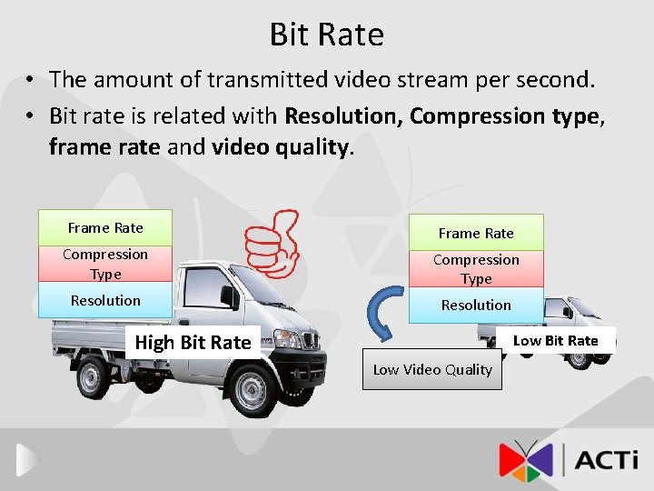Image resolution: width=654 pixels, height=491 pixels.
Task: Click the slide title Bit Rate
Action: pos(326,35)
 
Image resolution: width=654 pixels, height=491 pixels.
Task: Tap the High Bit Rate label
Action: pos(193,343)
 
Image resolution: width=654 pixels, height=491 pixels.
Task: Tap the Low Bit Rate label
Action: pos(556,340)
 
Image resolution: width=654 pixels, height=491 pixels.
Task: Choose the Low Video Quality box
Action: pos(432,369)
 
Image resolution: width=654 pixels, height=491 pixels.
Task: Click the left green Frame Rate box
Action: pos(105,227)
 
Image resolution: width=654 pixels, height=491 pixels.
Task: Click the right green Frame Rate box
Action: pos(476,233)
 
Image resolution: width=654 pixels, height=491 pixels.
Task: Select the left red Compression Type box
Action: pos(105,264)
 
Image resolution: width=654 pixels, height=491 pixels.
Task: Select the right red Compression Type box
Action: pos(476,269)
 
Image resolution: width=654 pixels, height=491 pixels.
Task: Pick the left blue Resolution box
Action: pos(105,300)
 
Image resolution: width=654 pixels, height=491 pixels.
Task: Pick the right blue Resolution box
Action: pos(476,306)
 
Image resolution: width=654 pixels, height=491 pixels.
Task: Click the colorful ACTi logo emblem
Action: pos(525,459)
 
